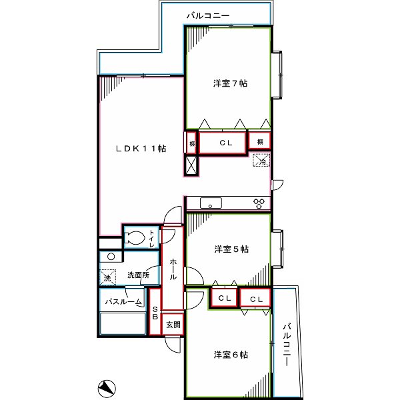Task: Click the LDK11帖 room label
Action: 141,149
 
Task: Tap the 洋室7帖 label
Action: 231,83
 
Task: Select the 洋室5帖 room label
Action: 231,249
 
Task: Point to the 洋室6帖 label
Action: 231,355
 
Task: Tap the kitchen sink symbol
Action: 211,203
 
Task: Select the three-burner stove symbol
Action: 259,203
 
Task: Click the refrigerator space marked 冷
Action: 261,160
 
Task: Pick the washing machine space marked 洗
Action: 107,277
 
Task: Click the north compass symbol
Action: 107,389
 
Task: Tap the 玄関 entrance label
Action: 173,325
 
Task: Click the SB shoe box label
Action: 155,313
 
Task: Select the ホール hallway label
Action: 173,269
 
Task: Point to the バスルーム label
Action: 123,302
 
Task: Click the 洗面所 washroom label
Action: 139,275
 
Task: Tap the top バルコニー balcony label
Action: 208,16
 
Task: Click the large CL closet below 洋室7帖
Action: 222,143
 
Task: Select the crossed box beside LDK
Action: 191,165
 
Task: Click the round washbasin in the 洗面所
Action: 111,257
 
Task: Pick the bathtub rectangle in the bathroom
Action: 123,323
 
